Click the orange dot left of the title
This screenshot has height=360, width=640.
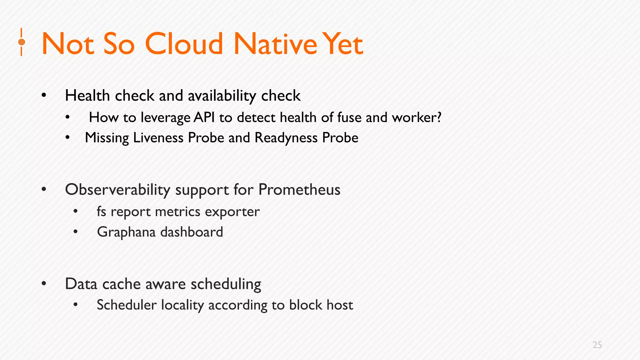click(x=22, y=42)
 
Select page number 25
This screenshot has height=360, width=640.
click(x=597, y=345)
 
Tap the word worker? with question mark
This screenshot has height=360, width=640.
click(x=417, y=117)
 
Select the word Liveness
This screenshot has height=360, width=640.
click(x=158, y=138)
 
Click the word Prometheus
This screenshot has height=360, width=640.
click(x=299, y=189)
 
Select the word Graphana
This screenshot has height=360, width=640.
click(x=126, y=232)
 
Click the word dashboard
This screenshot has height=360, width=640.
click(x=192, y=232)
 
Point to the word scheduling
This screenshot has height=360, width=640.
click(x=226, y=284)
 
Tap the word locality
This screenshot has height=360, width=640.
click(x=182, y=305)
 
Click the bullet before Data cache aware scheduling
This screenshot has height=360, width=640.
click(x=44, y=284)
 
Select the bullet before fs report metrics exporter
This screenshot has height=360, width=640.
click(x=75, y=212)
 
